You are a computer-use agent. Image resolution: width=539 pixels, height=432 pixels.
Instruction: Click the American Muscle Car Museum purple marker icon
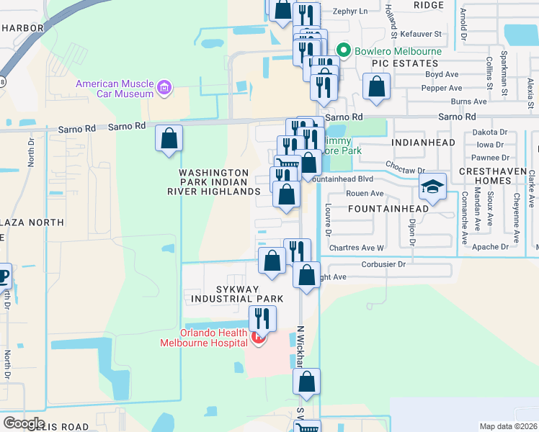[x=165, y=89]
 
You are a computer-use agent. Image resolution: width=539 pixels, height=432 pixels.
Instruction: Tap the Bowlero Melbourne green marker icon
[x=344, y=51]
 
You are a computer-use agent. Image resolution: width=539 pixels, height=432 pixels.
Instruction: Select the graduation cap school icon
[x=432, y=189]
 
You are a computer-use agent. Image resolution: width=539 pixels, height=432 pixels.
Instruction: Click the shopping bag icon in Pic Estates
[x=376, y=86]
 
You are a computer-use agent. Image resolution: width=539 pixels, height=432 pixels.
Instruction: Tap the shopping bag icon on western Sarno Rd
[x=169, y=138]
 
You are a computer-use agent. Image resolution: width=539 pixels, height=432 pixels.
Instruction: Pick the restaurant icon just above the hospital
[x=262, y=318]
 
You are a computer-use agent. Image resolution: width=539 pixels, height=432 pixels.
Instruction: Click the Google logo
[x=24, y=423]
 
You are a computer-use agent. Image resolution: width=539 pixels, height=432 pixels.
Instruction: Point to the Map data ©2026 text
[x=507, y=426]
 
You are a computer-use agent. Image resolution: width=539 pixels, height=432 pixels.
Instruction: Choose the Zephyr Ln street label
[x=351, y=12]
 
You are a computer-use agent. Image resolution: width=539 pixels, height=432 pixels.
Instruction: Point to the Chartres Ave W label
[x=357, y=248]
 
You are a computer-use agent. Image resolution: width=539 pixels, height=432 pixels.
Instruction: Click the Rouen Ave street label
[x=367, y=193]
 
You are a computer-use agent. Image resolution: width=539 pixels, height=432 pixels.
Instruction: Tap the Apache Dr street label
[x=491, y=246]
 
